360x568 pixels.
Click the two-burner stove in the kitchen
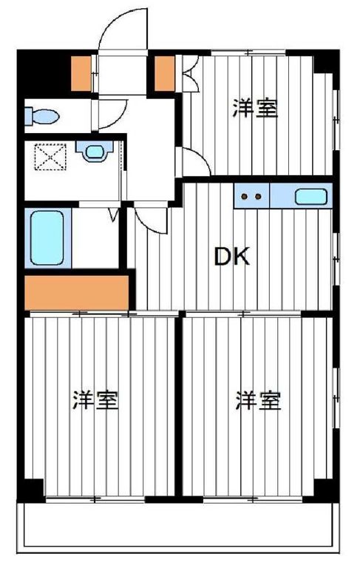pos(252,197)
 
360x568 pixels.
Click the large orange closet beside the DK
pos(76,292)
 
